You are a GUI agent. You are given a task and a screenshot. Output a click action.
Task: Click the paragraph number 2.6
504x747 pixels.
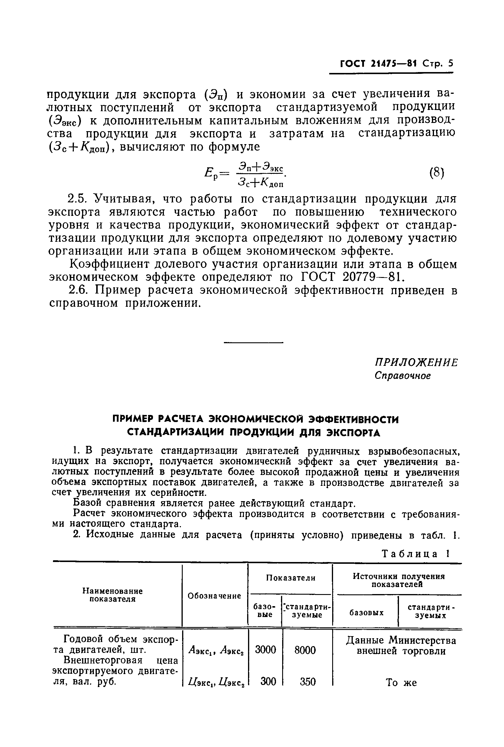[x=79, y=290]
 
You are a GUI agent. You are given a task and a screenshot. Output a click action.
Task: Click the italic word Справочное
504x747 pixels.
[x=402, y=376]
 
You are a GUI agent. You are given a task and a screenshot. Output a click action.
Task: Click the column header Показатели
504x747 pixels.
[x=291, y=578]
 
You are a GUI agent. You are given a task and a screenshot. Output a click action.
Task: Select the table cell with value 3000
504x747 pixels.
[x=265, y=650]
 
